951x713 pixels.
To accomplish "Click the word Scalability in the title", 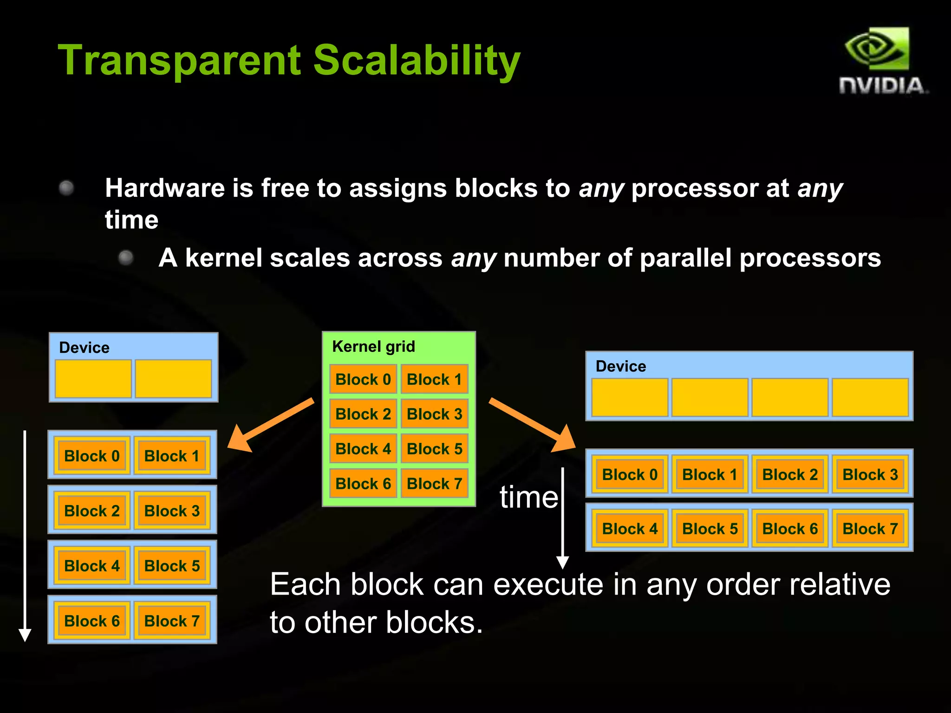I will click(x=417, y=60).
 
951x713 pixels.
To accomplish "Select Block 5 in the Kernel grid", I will click(x=434, y=449).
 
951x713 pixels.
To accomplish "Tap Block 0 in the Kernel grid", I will click(x=363, y=379).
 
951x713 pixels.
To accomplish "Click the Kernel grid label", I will click(x=373, y=346).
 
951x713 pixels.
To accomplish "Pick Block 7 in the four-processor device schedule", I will click(x=870, y=528).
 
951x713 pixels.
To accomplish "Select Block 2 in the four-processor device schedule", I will click(x=789, y=474).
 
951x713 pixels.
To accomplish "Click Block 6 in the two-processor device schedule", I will click(x=92, y=621).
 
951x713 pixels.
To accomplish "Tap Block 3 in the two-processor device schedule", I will click(x=172, y=511).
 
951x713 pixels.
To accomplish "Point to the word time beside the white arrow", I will click(x=528, y=498).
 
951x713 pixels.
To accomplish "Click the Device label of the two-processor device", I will click(x=84, y=348).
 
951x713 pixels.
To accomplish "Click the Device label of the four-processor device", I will click(x=620, y=366).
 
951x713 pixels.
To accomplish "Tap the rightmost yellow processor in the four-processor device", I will click(x=870, y=397).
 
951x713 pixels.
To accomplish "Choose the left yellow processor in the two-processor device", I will click(x=93, y=378).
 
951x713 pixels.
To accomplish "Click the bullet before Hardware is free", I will click(x=66, y=188).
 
